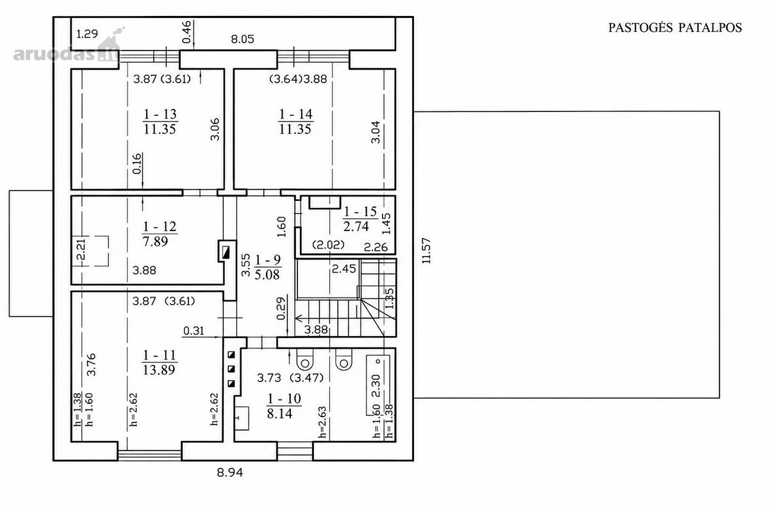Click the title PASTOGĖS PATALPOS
click(675, 28)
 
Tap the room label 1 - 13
click(160, 114)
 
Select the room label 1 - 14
click(295, 114)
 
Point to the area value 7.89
click(155, 242)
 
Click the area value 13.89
click(160, 370)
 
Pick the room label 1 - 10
click(285, 399)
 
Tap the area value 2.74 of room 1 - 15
click(356, 227)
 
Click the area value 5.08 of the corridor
click(267, 275)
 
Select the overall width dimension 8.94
click(230, 473)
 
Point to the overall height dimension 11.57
click(426, 251)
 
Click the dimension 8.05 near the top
click(242, 39)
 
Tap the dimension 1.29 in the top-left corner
click(87, 34)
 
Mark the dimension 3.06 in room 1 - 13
click(215, 129)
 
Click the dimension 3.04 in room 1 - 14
click(376, 132)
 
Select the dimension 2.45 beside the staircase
click(344, 269)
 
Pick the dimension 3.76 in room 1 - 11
click(91, 365)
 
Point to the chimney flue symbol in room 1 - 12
click(227, 252)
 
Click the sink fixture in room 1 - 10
click(242, 418)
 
